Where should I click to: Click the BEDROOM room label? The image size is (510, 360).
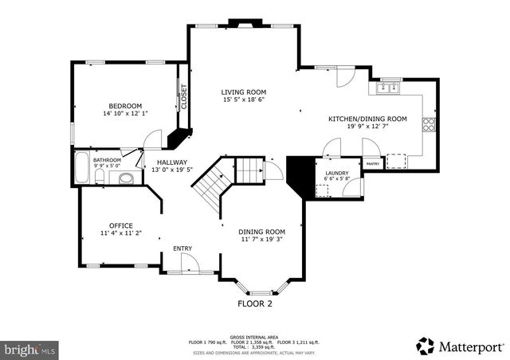125,106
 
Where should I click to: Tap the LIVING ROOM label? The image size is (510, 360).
243,92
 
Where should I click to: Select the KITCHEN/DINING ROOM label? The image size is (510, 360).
367,119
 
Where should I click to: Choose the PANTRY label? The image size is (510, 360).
373,164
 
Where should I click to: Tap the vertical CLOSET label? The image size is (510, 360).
183,96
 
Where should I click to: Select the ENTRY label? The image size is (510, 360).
183,248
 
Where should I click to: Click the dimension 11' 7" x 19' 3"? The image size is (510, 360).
262,239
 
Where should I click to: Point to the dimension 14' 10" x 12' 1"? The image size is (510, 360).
125,115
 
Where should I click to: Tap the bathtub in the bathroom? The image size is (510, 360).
81,169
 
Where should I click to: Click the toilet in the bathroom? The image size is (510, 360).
126,178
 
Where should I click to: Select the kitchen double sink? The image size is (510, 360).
389,88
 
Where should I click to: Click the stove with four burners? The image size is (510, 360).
430,123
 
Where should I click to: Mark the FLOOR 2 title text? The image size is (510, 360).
255,303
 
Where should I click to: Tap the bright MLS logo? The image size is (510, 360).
29,349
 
